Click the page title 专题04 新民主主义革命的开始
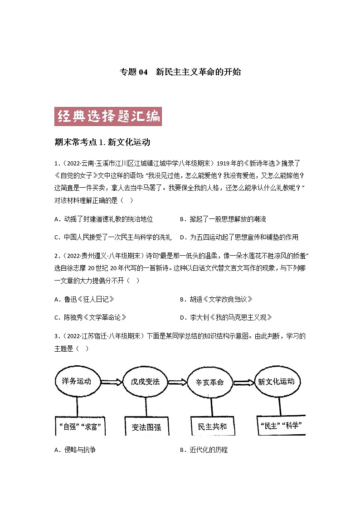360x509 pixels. (180, 72)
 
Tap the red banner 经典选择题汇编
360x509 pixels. (108, 116)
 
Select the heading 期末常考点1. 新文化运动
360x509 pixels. (102, 142)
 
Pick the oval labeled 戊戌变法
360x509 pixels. (142, 381)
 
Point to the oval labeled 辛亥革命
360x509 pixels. (209, 382)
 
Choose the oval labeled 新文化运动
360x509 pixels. (276, 381)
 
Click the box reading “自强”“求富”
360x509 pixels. (80, 427)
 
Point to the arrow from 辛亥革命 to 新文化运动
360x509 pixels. (243, 382)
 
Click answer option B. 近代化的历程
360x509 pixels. (204, 450)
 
